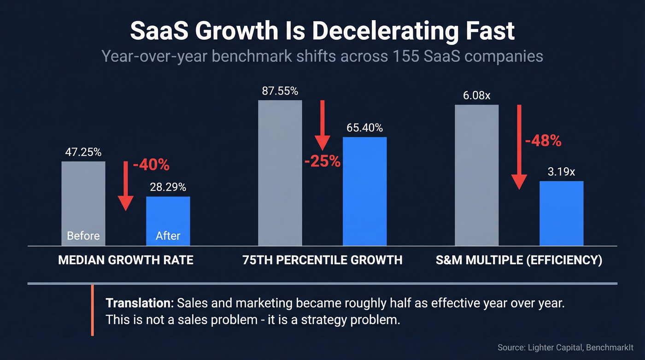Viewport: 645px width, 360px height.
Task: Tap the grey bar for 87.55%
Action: point(280,173)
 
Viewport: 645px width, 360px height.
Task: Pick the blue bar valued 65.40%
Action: point(364,191)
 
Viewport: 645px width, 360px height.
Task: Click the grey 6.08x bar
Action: point(476,175)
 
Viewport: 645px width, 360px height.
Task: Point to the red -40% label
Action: point(151,165)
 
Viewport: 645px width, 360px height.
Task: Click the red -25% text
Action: point(322,161)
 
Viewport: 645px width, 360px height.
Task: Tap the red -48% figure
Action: point(543,141)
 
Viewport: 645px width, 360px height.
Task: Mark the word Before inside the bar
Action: point(83,236)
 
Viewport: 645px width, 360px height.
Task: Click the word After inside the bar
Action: point(168,236)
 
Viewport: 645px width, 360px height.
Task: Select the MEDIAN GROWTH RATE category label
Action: point(126,260)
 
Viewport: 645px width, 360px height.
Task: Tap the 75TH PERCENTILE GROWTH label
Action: point(322,260)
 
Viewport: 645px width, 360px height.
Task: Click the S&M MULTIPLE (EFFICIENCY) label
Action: point(519,260)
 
